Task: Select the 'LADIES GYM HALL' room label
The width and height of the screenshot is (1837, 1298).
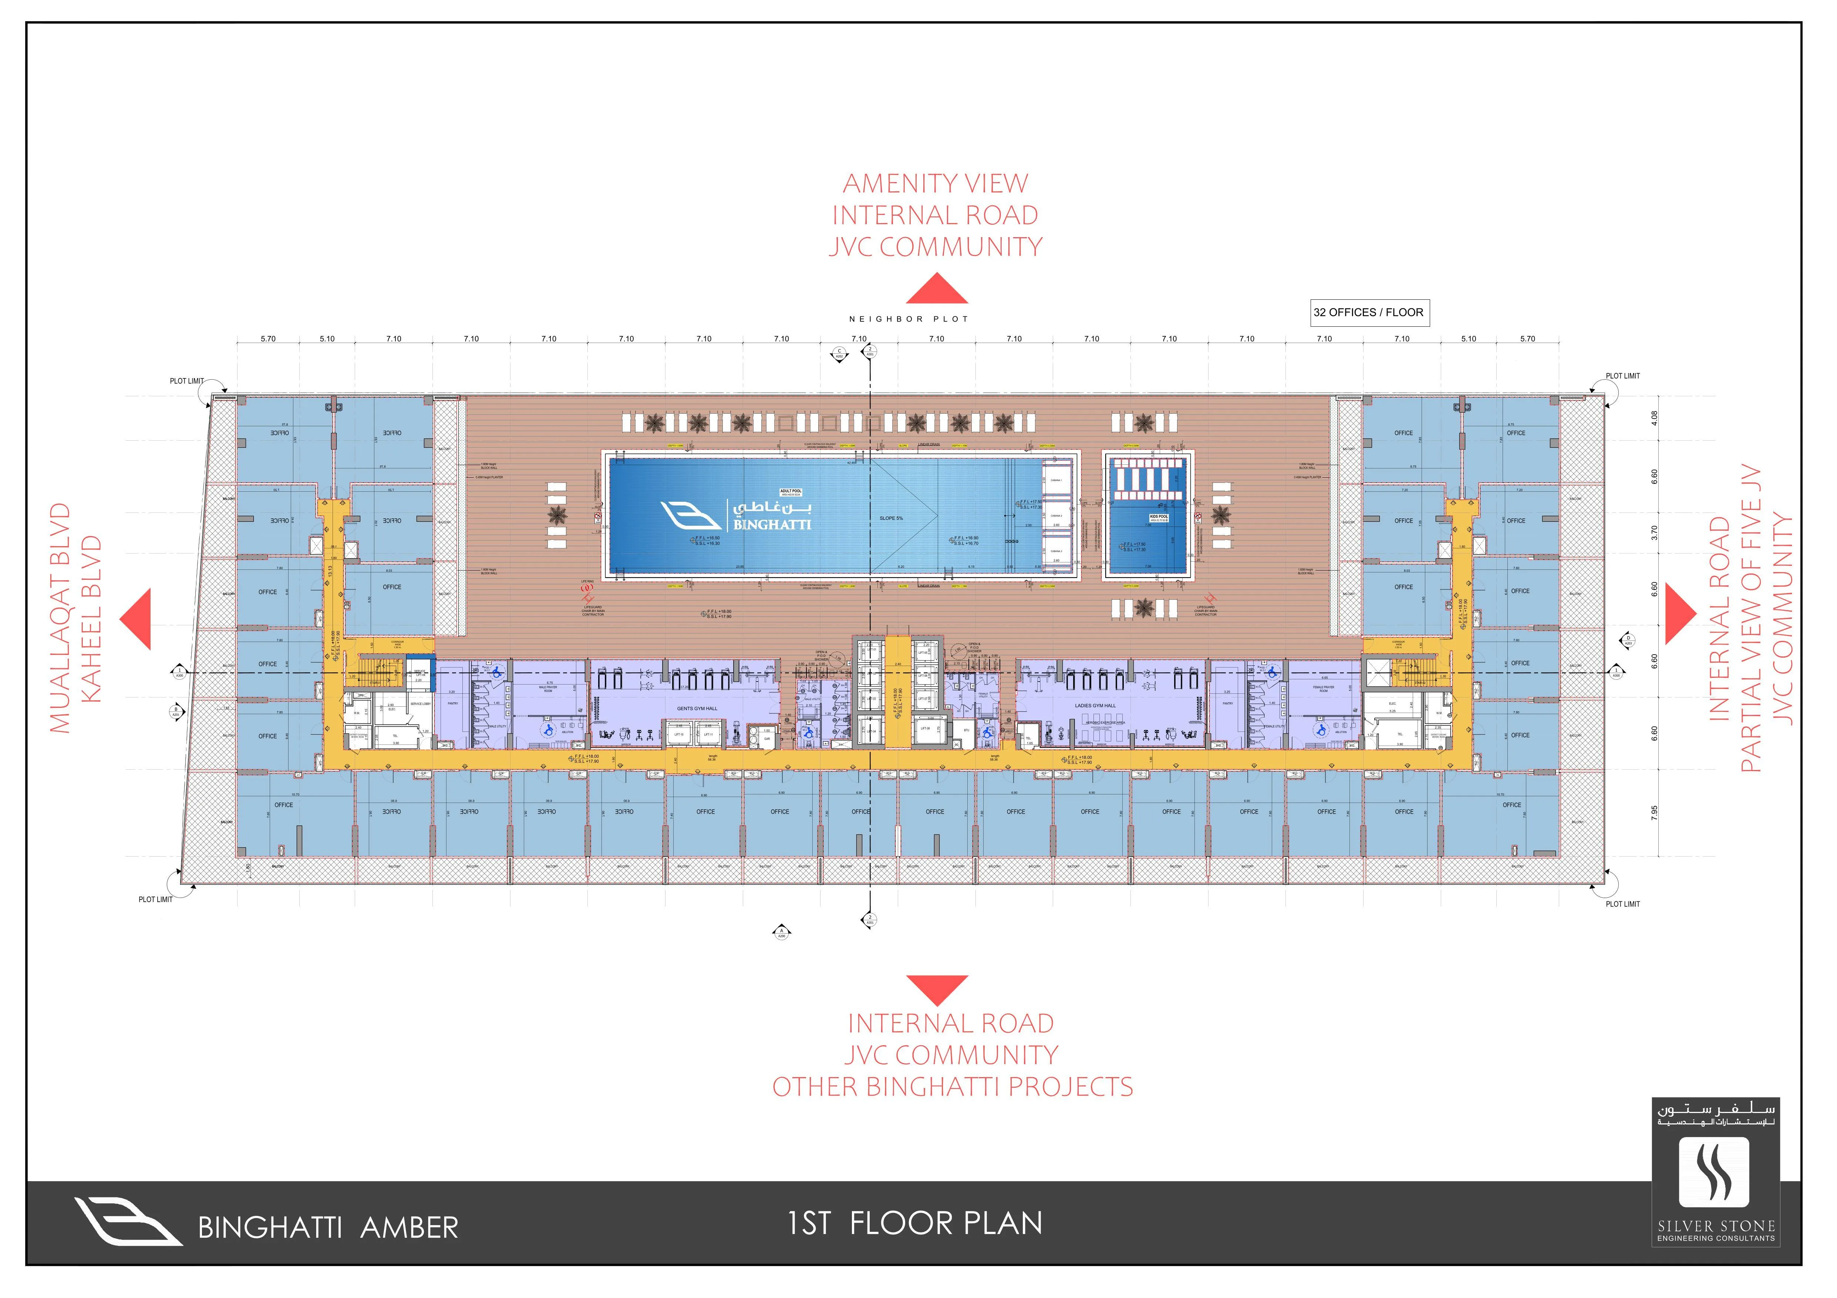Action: [x=1095, y=706]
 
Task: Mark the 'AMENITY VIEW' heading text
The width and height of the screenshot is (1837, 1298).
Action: [x=935, y=183]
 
